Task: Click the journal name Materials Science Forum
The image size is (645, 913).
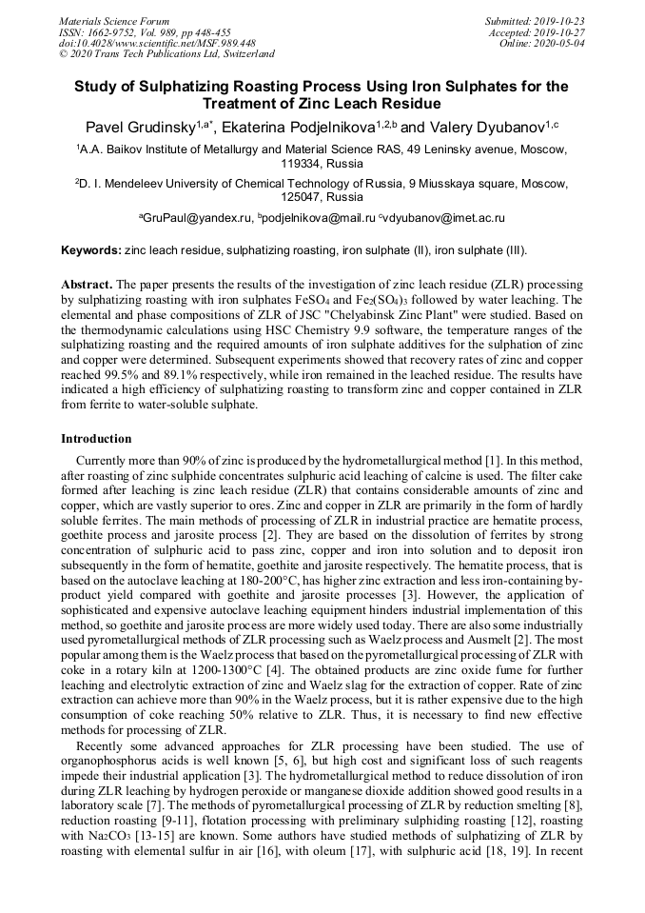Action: tap(114, 21)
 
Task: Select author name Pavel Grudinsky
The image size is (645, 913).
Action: tap(139, 128)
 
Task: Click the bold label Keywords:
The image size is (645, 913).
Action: tap(90, 250)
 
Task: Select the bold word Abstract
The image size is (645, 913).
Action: tap(87, 285)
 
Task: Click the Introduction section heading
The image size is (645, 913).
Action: tap(96, 439)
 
